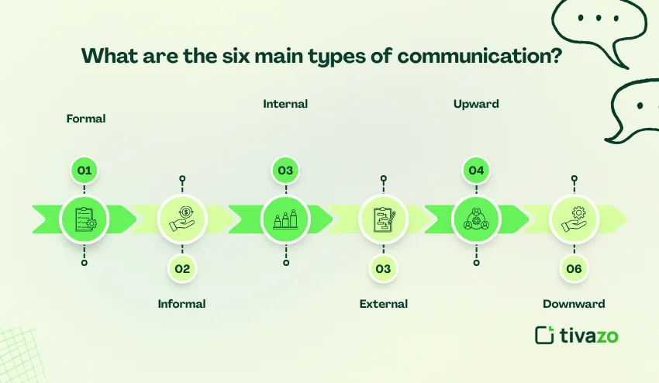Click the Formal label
point(86,119)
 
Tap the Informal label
point(181,304)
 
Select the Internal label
point(285,104)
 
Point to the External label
point(383,304)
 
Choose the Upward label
point(476,104)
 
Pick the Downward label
point(574,304)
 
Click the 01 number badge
point(85,170)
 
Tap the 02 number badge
point(182,269)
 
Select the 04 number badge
point(476,170)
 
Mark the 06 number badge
point(574,269)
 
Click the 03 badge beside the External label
point(383,269)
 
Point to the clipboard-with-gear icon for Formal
point(85,219)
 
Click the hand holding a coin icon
point(182,219)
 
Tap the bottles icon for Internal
point(285,219)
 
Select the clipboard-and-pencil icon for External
point(383,219)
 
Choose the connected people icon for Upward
point(476,219)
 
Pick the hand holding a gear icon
point(574,219)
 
